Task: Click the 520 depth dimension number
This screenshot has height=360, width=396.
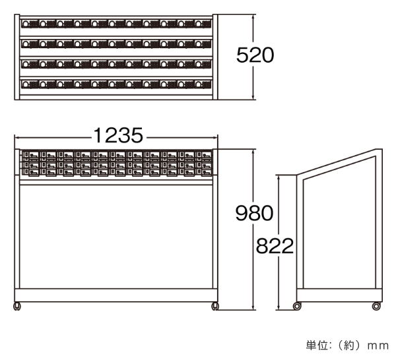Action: [255, 56]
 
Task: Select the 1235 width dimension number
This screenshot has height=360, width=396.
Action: [118, 136]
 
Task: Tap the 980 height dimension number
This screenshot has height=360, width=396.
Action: [254, 213]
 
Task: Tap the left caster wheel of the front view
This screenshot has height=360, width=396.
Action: [17, 306]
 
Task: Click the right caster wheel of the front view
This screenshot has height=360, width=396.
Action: [215, 306]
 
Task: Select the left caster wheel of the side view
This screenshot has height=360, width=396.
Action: [297, 306]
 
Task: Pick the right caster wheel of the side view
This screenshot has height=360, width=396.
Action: [376, 306]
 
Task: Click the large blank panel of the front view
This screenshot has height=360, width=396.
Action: [116, 237]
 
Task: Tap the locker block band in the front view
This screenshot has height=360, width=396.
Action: [116, 164]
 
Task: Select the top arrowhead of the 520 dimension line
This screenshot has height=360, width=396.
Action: [255, 16]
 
